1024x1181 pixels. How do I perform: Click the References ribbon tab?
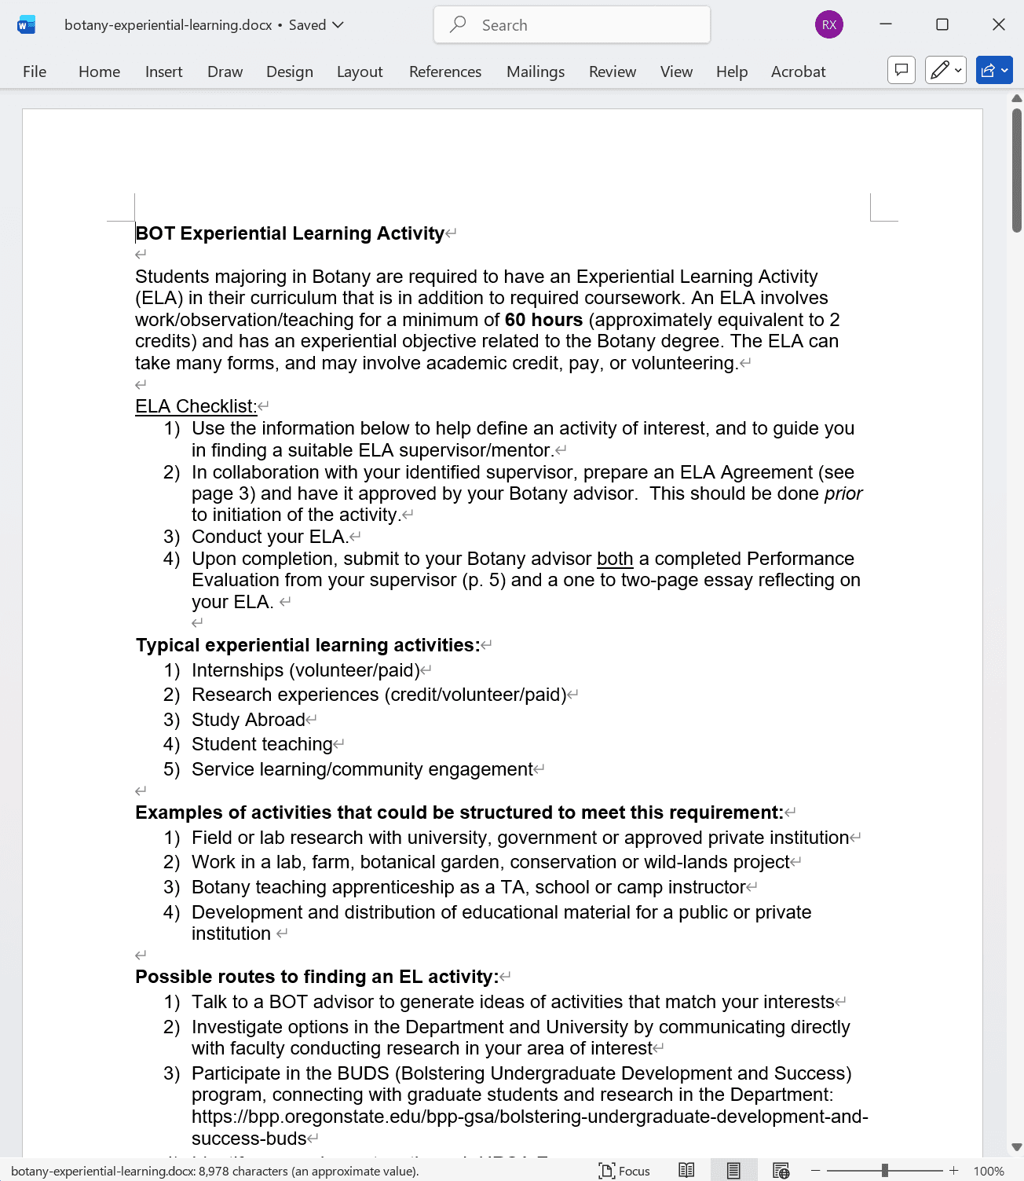444,72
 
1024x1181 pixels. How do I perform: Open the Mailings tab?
535,72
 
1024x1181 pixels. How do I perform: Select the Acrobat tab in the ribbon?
798,72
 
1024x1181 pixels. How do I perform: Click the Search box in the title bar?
572,25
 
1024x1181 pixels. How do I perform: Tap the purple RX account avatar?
828,25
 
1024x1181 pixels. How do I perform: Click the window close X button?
998,25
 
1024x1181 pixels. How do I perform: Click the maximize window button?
942,25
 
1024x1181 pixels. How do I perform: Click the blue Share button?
993,71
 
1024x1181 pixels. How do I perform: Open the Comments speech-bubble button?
901,71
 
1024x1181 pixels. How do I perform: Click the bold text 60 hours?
543,320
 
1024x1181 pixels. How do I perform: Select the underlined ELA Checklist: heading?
196,406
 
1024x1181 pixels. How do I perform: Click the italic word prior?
843,493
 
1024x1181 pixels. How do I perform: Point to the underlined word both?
614,559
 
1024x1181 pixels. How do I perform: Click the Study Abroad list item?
248,720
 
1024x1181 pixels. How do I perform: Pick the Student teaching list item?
261,744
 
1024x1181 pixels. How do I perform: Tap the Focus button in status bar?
625,1171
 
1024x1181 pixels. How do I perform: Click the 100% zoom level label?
988,1171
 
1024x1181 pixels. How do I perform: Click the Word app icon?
26,25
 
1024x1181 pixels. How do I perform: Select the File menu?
35,72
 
